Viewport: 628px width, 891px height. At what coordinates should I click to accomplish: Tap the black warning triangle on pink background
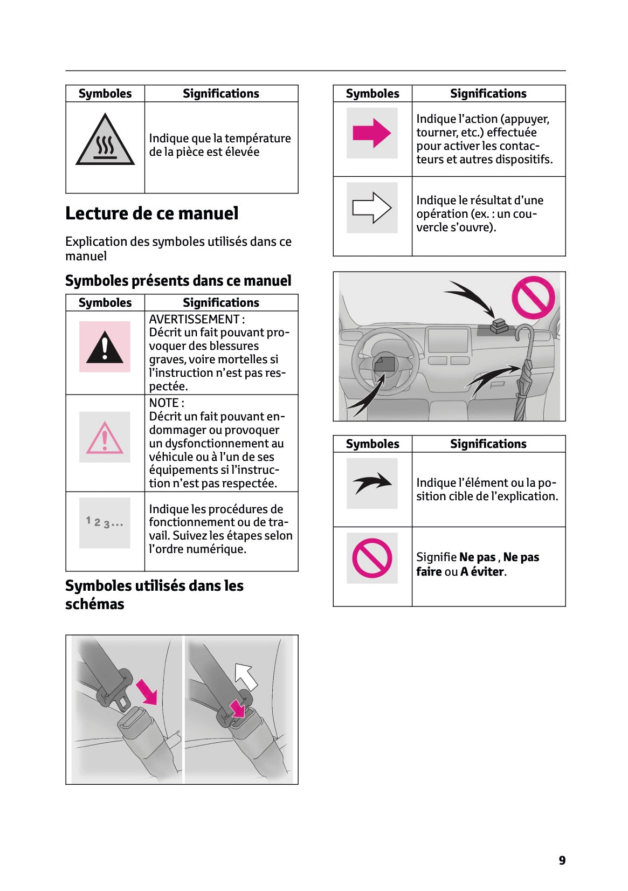click(x=105, y=347)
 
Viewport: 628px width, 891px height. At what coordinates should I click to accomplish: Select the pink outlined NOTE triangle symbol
click(x=105, y=438)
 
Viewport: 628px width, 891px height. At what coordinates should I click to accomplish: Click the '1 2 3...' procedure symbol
click(x=105, y=522)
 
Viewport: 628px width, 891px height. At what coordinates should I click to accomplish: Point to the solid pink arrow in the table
click(x=371, y=133)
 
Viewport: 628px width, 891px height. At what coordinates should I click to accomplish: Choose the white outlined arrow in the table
click(x=371, y=208)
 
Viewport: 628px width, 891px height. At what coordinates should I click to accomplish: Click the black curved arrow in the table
click(x=372, y=483)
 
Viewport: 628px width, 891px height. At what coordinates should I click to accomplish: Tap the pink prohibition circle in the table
click(x=372, y=558)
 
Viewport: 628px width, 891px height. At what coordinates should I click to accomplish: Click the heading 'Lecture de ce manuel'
click(x=151, y=213)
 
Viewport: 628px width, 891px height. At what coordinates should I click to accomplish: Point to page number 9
click(x=562, y=860)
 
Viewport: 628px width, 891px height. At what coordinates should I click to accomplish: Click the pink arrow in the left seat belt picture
click(x=146, y=692)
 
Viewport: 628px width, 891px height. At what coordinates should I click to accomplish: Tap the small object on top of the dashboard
click(x=499, y=326)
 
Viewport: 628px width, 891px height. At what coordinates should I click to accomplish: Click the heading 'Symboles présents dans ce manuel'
click(x=178, y=281)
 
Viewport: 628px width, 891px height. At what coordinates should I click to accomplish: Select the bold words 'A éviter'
click(x=482, y=572)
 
